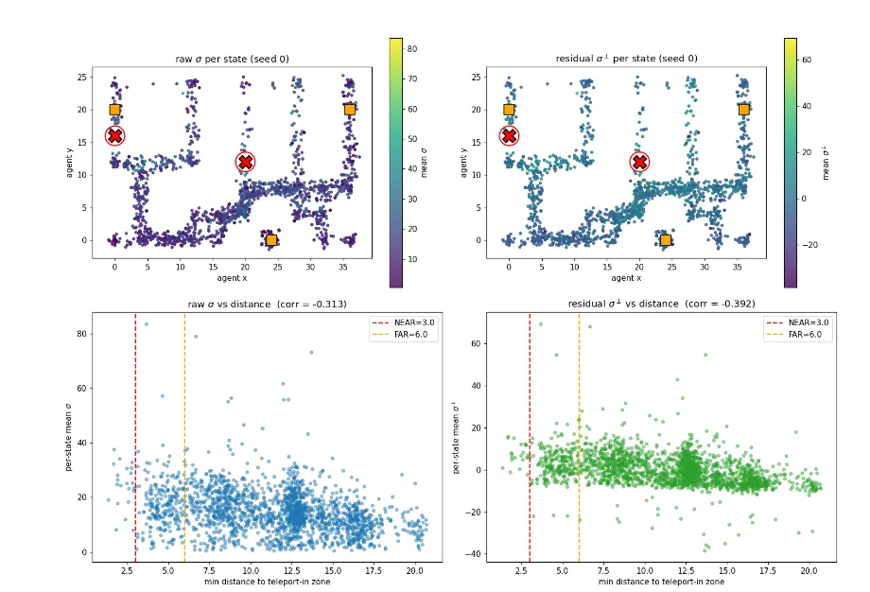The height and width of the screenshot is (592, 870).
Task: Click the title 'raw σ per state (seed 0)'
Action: click(232, 59)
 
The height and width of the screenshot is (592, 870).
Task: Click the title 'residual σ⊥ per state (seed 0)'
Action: click(626, 59)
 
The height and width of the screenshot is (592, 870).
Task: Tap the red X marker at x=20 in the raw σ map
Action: click(245, 162)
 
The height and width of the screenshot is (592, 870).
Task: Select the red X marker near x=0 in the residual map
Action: click(510, 135)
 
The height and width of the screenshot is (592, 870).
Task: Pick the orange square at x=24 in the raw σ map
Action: click(271, 240)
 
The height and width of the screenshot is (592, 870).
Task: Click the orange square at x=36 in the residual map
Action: click(744, 110)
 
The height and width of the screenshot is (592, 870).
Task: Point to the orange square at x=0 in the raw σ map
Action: click(114, 110)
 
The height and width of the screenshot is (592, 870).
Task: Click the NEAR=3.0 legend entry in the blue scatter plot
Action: click(404, 322)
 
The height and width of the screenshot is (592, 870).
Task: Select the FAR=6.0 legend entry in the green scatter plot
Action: click(797, 335)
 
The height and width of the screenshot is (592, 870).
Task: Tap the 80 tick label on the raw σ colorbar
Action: click(412, 49)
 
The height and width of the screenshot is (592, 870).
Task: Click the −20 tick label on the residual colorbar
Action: click(809, 245)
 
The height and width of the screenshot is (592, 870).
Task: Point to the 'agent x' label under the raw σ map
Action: click(232, 278)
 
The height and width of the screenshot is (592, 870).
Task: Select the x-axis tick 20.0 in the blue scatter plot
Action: click(414, 570)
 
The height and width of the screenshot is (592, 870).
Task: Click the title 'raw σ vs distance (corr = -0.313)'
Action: click(267, 305)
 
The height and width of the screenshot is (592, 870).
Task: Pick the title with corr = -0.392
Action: click(661, 304)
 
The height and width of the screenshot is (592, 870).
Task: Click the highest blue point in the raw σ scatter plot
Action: click(147, 324)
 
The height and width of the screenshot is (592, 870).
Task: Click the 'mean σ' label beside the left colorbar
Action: click(424, 163)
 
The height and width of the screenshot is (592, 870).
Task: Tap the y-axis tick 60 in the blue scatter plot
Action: click(82, 389)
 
